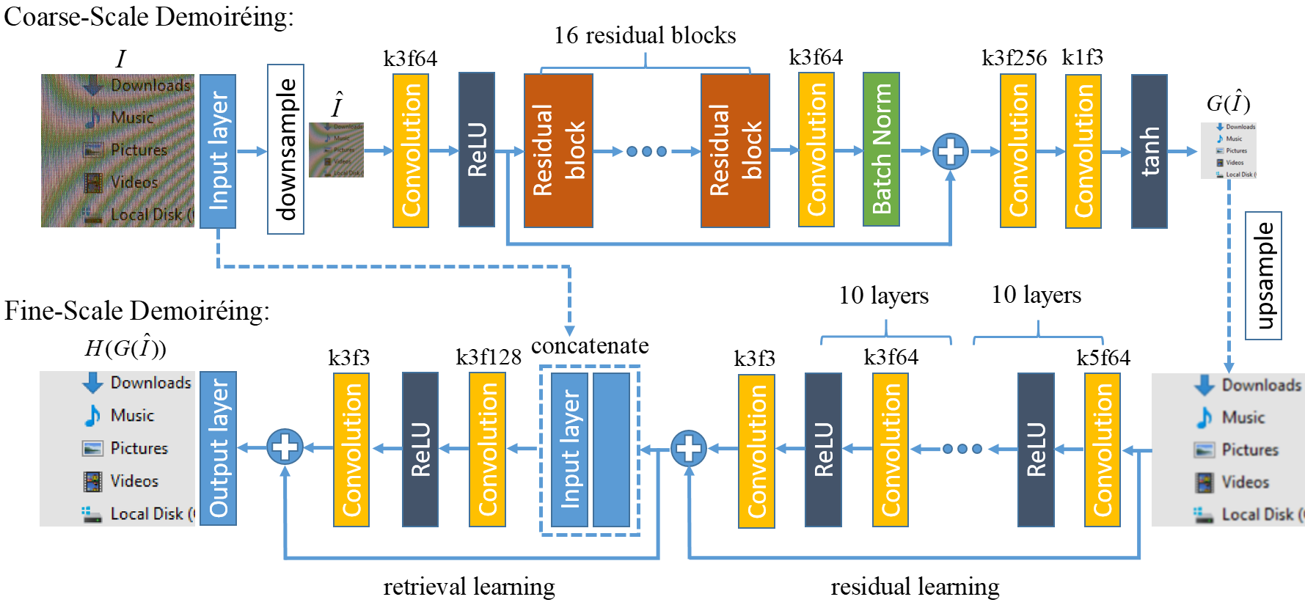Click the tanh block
pos(1149,151)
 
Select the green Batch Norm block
pos(881,150)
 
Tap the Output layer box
pos(218,448)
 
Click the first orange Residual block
pos(558,150)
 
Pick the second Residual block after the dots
pos(735,150)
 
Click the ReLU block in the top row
pos(477,150)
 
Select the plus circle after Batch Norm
pos(950,152)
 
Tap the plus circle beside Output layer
pos(285,447)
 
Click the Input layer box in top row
pos(218,151)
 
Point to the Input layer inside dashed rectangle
pos(569,450)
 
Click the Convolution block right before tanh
pos(1083,151)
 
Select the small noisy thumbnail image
pos(336,150)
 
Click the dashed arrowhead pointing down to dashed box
pos(569,331)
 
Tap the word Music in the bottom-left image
pos(132,416)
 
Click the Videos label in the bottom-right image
pos(1245,483)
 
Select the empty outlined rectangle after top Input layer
pos(285,150)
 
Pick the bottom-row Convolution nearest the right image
pos(1102,450)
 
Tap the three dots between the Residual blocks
pos(646,152)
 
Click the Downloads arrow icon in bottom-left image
pos(92,383)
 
